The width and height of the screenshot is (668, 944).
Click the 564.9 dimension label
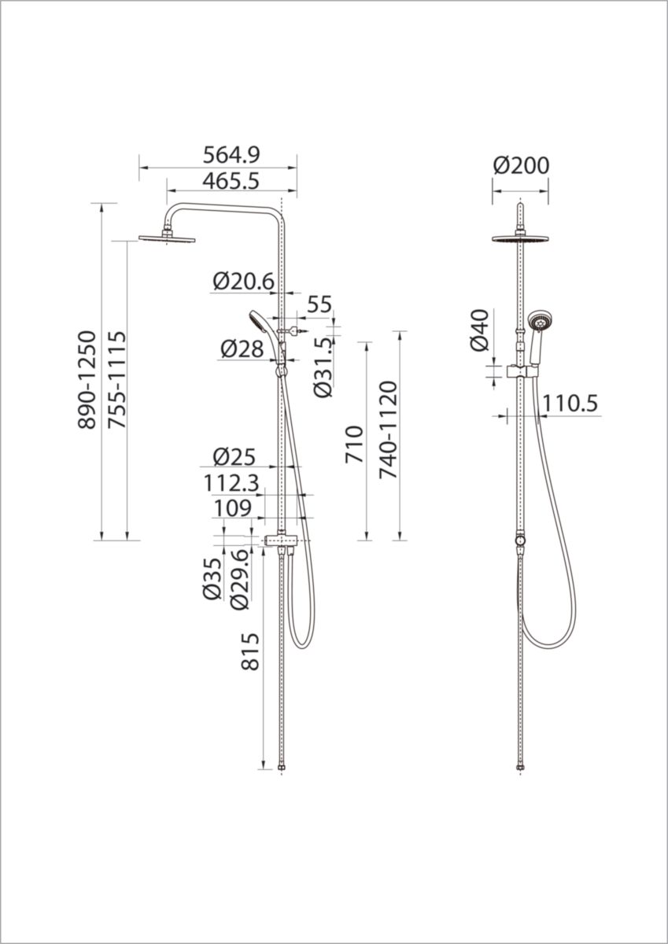(231, 155)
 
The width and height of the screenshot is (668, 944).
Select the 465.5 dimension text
(231, 182)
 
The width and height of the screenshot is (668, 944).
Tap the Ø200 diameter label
(522, 165)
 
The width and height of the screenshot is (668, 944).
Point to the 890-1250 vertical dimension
(87, 380)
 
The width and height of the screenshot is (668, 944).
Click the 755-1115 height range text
(116, 380)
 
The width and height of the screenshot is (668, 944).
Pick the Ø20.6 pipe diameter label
(244, 281)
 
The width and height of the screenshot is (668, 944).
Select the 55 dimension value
(319, 304)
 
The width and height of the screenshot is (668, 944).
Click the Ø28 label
(242, 349)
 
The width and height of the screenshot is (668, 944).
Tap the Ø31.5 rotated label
(323, 367)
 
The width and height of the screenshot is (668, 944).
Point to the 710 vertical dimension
(354, 444)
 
